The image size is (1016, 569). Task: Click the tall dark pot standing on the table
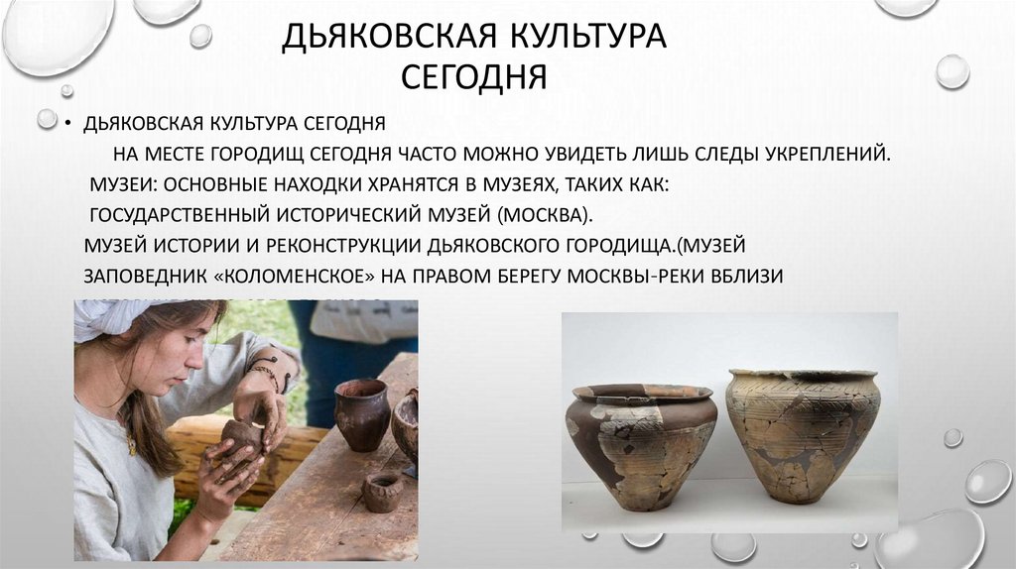(361, 414)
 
